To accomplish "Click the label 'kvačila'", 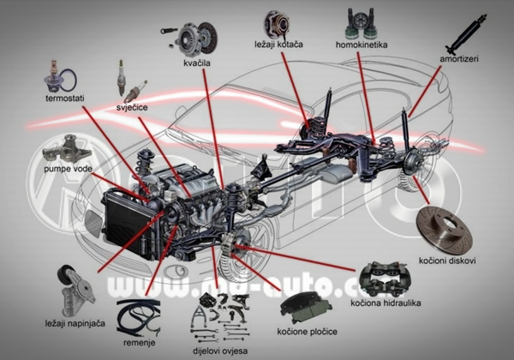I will pos(198,63).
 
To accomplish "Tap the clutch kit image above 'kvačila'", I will pos(196,37).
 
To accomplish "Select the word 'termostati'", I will pos(64,99).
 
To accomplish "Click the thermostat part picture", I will pos(61,80).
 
